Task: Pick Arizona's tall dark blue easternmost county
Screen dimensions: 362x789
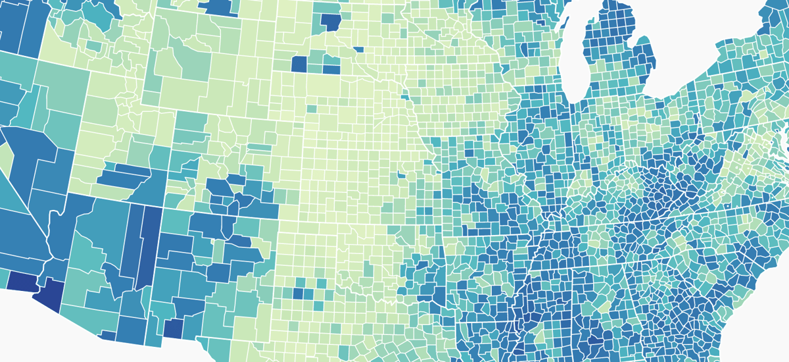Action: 151,247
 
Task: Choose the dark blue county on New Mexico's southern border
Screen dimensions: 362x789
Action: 172,328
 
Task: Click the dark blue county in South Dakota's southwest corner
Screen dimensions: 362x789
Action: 299,64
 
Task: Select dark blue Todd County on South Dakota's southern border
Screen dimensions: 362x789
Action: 331,69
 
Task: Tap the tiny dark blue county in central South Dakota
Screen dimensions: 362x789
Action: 359,49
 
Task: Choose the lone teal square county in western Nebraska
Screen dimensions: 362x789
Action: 310,109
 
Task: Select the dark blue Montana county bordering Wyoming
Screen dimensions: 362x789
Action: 224,6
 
